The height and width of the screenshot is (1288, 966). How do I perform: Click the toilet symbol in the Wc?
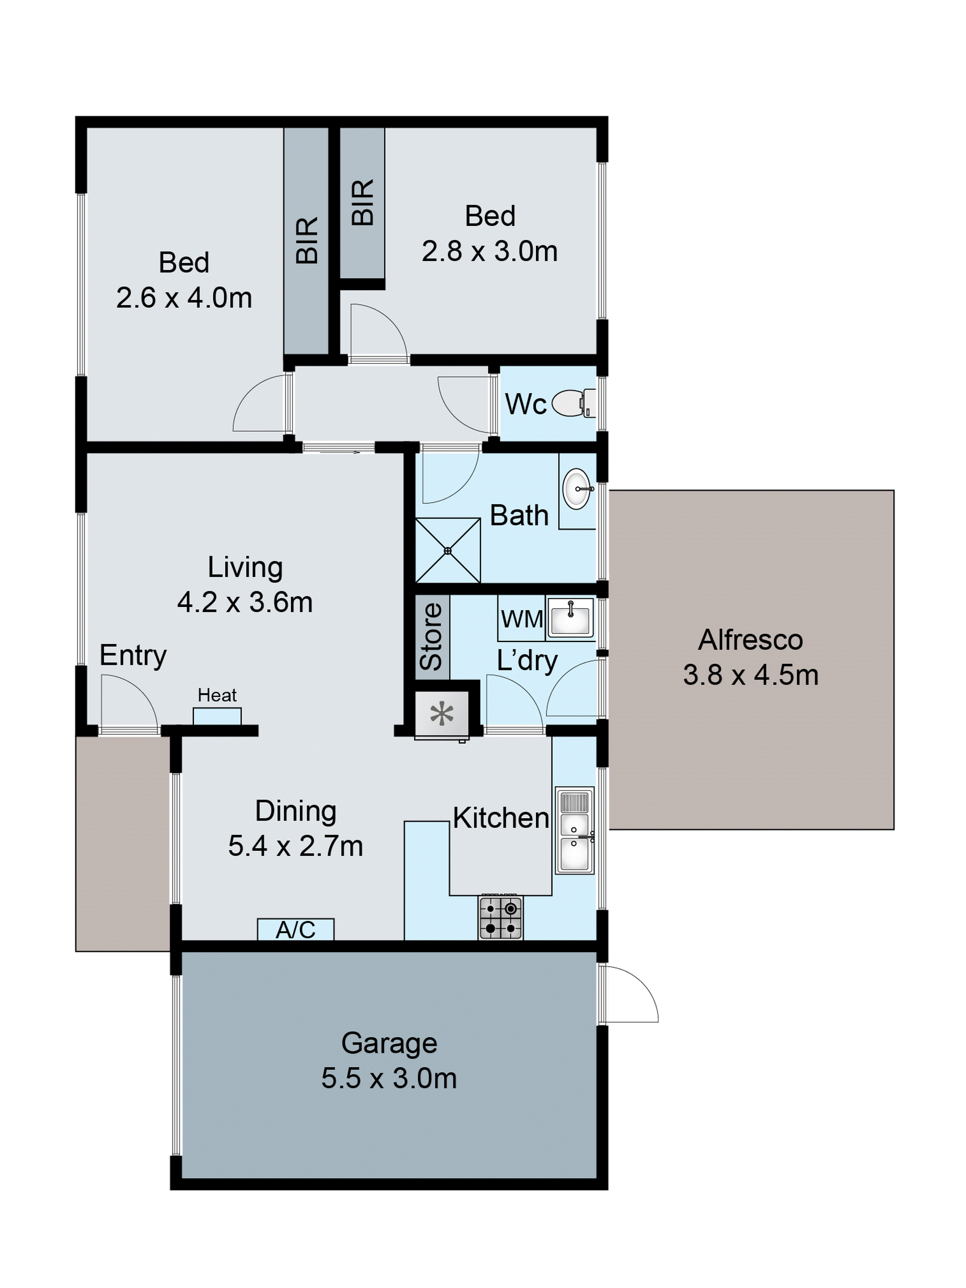point(573,403)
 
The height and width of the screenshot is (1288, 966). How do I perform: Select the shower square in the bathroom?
point(447,550)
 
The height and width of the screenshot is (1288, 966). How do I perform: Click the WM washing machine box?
point(521,618)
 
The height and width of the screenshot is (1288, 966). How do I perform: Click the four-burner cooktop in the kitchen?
point(500,917)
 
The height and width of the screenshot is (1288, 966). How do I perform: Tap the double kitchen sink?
point(574,830)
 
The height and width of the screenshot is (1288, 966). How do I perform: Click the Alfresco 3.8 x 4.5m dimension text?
point(750,675)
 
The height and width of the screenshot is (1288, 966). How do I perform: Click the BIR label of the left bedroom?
point(306,240)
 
